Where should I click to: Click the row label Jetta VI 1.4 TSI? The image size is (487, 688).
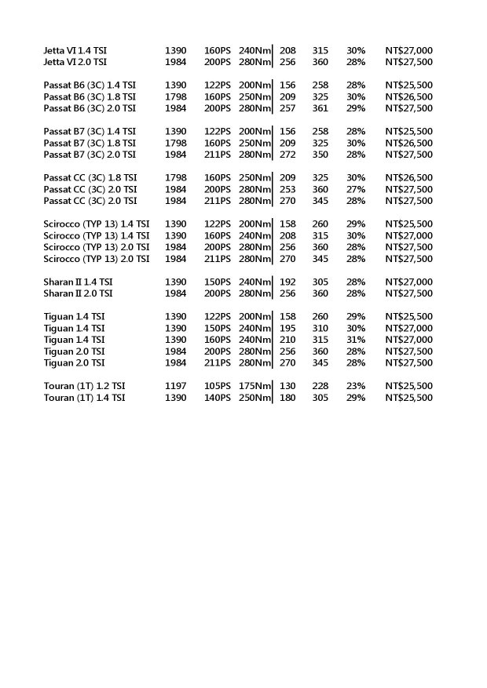75,50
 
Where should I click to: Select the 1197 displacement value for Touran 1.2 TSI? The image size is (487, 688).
176,387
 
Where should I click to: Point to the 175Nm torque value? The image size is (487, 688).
254,387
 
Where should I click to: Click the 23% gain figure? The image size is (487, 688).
356,387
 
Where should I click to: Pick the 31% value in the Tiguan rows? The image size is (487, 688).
356,340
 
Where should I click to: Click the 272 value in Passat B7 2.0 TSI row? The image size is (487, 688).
288,155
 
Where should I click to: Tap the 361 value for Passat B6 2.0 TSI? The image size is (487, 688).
320,108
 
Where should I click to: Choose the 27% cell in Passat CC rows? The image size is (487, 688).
356,189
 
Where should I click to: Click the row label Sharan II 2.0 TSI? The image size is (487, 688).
79,293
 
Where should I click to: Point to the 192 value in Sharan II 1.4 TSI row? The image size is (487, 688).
288,282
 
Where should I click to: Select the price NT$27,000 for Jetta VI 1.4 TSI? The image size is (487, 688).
408,50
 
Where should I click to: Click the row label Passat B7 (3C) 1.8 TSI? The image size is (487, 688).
90,143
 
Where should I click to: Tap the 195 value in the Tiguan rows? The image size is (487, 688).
288,328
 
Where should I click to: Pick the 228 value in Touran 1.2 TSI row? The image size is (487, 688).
320,387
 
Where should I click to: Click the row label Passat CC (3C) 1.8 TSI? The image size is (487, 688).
90,177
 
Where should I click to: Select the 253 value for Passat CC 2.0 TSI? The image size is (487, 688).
288,189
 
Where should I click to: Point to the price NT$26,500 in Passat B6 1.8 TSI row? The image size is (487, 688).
408,96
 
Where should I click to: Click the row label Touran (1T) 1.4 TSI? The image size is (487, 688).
84,398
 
